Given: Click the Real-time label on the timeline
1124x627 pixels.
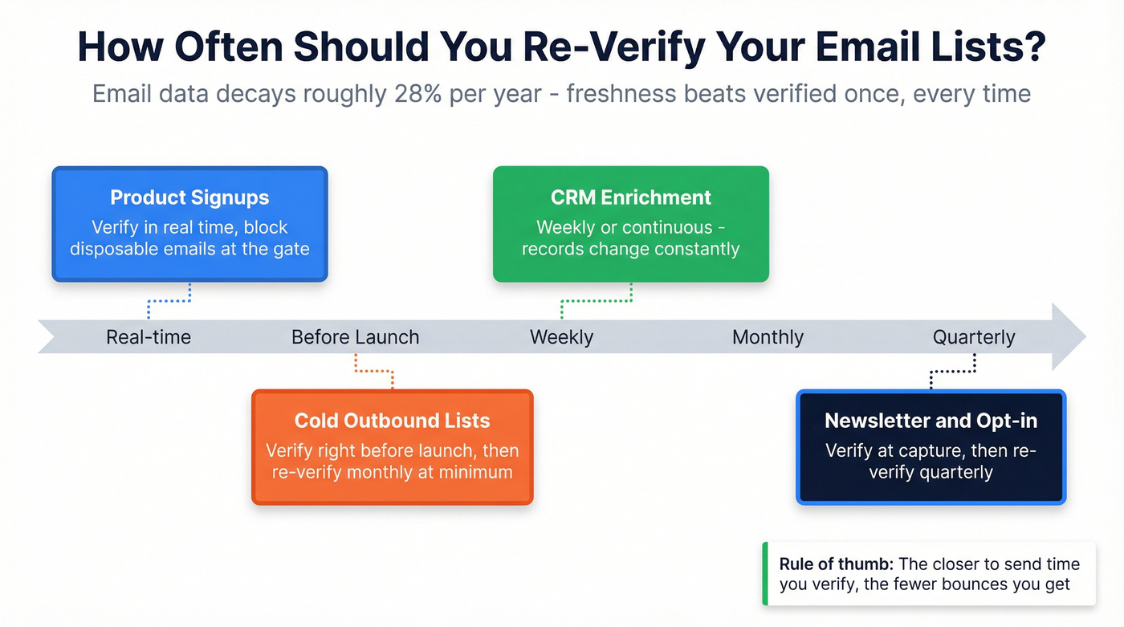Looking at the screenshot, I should click(x=149, y=337).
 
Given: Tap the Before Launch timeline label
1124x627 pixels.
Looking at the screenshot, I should click(x=355, y=337).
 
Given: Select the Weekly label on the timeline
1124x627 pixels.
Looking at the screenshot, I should click(x=561, y=337).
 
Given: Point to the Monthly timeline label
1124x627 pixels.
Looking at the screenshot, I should click(x=768, y=337).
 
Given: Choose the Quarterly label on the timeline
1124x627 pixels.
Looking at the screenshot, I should click(x=974, y=337).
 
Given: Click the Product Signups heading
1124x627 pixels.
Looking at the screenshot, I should click(x=189, y=197).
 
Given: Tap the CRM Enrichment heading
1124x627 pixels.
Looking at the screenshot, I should click(x=631, y=197).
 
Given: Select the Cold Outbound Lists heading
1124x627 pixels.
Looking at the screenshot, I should click(x=392, y=421).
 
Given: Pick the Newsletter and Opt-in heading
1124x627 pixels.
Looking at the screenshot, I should click(x=931, y=421).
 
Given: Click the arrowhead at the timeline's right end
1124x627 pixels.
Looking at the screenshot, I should click(x=1068, y=336).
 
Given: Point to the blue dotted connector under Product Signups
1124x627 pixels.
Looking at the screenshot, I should click(x=169, y=301).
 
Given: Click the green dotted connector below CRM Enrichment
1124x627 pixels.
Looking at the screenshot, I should click(x=596, y=302).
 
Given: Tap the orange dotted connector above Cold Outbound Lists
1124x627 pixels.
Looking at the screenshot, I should click(x=374, y=371).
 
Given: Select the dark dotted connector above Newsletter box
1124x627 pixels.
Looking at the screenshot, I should click(x=952, y=372).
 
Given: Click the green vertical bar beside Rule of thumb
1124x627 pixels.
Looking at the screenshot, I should click(x=765, y=574).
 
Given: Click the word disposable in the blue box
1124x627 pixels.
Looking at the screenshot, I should click(x=118, y=248).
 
